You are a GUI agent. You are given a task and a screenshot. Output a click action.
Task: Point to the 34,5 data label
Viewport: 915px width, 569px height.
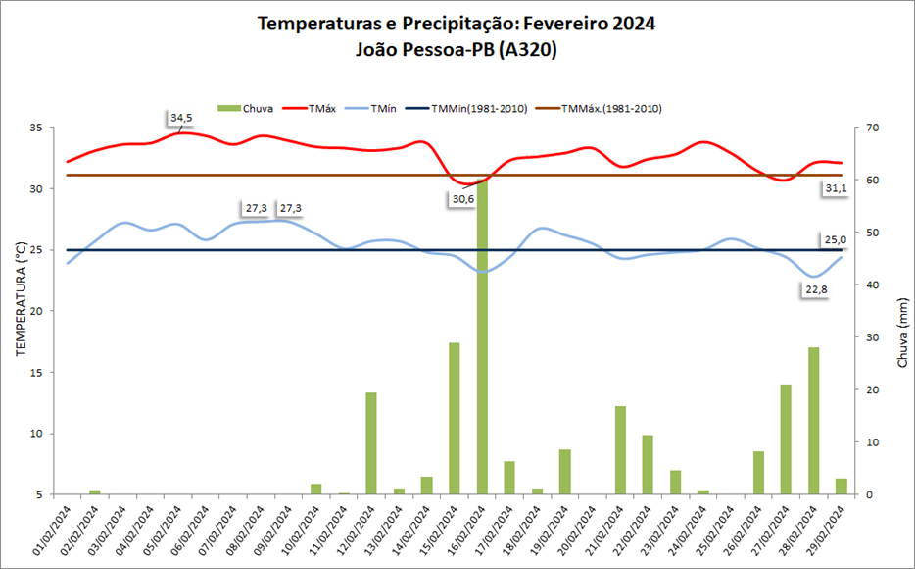[181, 118]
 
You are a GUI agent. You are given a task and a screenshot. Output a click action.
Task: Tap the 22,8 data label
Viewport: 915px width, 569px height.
[815, 289]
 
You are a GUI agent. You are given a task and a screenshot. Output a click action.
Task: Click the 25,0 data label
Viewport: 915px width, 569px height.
[834, 239]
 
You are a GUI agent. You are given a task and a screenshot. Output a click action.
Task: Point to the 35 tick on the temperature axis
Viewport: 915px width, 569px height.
[35, 128]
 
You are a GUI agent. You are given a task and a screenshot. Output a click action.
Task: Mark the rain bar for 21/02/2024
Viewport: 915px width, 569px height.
[620, 450]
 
